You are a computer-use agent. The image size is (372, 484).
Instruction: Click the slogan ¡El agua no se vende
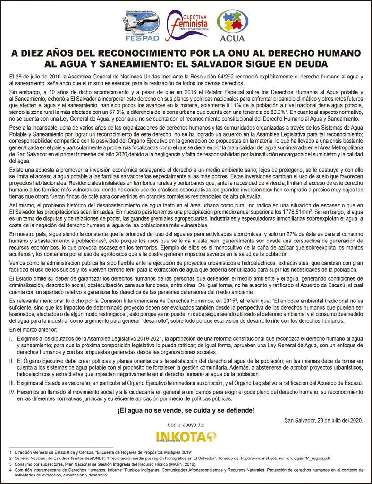pyautogui.click(x=186, y=410)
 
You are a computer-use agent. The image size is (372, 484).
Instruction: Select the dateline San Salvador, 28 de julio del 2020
pyautogui.click(x=324, y=420)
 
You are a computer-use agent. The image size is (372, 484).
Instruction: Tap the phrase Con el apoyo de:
pyautogui.click(x=186, y=425)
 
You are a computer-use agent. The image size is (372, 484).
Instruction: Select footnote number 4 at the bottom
pyautogui.click(x=10, y=470)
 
